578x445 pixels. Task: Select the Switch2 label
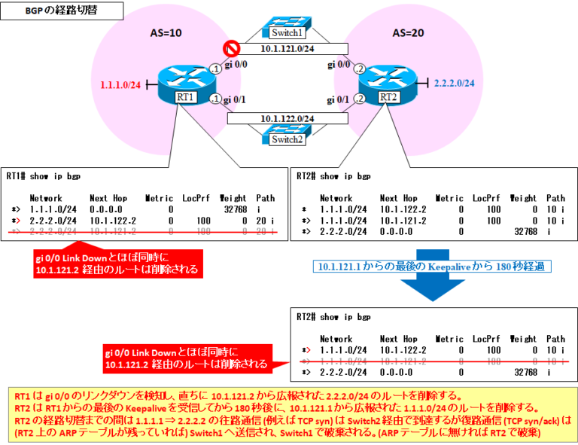tap(287, 139)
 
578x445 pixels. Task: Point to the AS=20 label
tap(409, 33)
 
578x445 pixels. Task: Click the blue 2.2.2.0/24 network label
tap(455, 84)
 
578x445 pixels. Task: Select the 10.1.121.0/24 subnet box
tap(287, 50)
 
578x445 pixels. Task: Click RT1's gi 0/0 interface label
tap(239, 66)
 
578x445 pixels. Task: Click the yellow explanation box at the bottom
tap(289, 413)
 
